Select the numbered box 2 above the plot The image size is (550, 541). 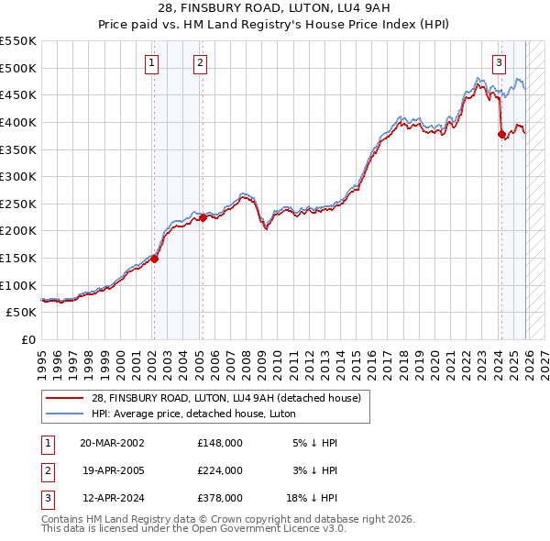tap(200, 63)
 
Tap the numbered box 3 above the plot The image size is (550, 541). tap(499, 63)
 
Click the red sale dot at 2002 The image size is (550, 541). tap(155, 259)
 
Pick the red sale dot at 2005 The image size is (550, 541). tap(203, 217)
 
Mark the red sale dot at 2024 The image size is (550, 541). tap(501, 134)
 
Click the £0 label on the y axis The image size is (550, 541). tap(27, 339)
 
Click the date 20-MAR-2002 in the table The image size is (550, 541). tap(112, 443)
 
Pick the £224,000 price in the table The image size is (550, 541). tap(219, 470)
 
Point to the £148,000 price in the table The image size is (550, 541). tap(219, 443)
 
